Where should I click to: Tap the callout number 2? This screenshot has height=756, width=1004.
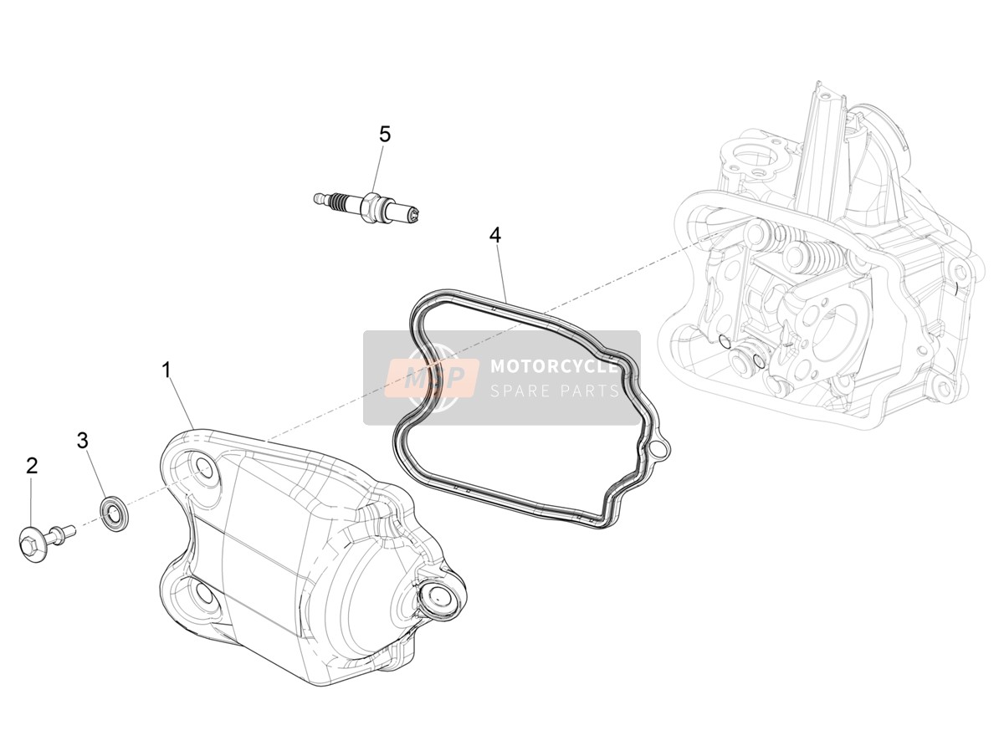point(32,466)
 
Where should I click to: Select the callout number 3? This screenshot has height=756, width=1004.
point(83,441)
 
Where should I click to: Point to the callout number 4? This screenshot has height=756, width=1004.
point(495,235)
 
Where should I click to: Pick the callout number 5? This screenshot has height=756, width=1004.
point(385,134)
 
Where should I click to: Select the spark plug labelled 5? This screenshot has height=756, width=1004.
point(369,208)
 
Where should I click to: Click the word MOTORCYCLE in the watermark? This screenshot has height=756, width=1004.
point(555,366)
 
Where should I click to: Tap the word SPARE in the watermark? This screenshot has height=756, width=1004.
point(520,391)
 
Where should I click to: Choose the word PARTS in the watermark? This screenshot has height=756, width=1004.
point(590,391)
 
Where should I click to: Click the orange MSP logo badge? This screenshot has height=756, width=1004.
point(433,377)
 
